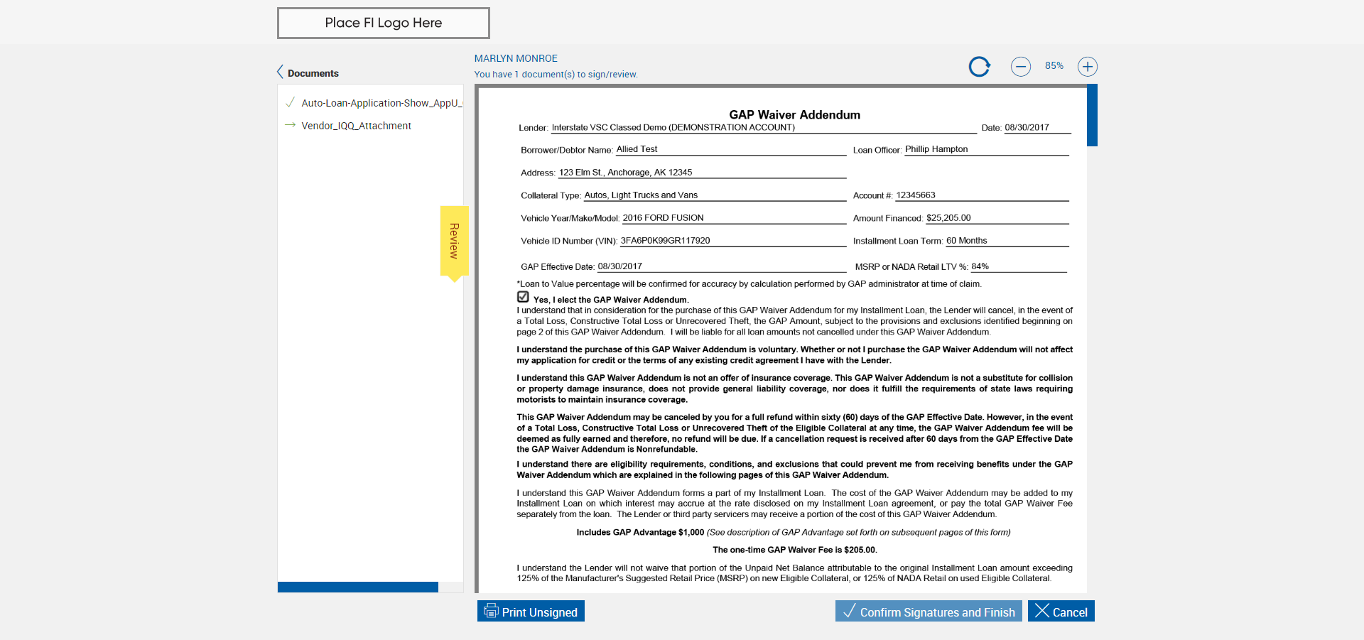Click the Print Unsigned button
(x=531, y=612)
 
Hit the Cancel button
(x=1061, y=612)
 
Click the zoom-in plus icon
(x=1087, y=67)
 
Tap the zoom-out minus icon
(x=1020, y=67)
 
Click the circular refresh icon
(x=979, y=67)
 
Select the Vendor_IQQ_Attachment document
(x=356, y=126)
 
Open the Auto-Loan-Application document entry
(x=381, y=103)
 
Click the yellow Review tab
(x=454, y=241)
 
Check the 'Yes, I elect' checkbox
(x=524, y=297)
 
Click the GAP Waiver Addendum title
(x=794, y=115)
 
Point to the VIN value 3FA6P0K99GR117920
(x=665, y=241)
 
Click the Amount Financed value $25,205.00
(x=948, y=218)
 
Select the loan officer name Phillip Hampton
(x=936, y=149)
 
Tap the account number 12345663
(x=915, y=195)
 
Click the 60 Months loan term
(x=966, y=241)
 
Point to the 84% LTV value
(x=980, y=266)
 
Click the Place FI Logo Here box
(x=383, y=23)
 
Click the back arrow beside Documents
(x=280, y=72)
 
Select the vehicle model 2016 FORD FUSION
(x=663, y=218)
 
